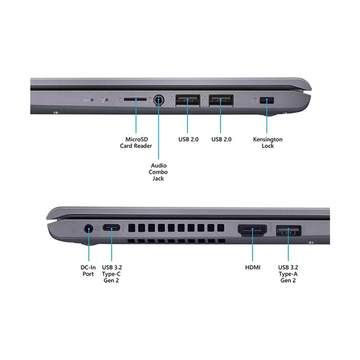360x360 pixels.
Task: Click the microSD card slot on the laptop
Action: pyautogui.click(x=135, y=99)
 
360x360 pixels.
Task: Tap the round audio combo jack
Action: pyautogui.click(x=158, y=100)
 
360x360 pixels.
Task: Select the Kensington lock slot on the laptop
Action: pyautogui.click(x=266, y=100)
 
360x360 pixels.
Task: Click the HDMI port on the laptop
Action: pyautogui.click(x=252, y=230)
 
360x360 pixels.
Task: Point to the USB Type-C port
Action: pyautogui.click(x=111, y=228)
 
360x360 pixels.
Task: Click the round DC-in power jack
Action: pyautogui.click(x=89, y=229)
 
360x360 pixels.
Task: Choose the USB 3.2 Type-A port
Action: pyautogui.click(x=289, y=231)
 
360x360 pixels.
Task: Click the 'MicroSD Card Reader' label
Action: pyautogui.click(x=136, y=143)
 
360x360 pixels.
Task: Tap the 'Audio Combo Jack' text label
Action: pyautogui.click(x=158, y=172)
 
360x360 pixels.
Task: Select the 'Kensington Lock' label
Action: pyautogui.click(x=268, y=143)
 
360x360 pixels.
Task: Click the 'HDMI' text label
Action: pyautogui.click(x=253, y=268)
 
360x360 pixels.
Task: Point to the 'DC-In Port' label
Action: pyautogui.click(x=88, y=271)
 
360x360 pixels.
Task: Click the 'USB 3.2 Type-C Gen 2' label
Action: pyautogui.click(x=112, y=274)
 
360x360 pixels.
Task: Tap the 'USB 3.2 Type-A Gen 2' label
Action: pyautogui.click(x=288, y=274)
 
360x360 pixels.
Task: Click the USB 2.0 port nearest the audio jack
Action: pyautogui.click(x=188, y=100)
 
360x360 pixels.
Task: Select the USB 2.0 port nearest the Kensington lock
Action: pyautogui.click(x=221, y=100)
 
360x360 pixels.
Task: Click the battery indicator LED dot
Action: pyautogui.click(x=92, y=100)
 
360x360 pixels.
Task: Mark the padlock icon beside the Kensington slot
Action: pyautogui.click(x=255, y=100)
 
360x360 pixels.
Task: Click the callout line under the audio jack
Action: pyautogui.click(x=158, y=129)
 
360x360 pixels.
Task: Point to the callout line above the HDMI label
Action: pyautogui.click(x=252, y=245)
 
